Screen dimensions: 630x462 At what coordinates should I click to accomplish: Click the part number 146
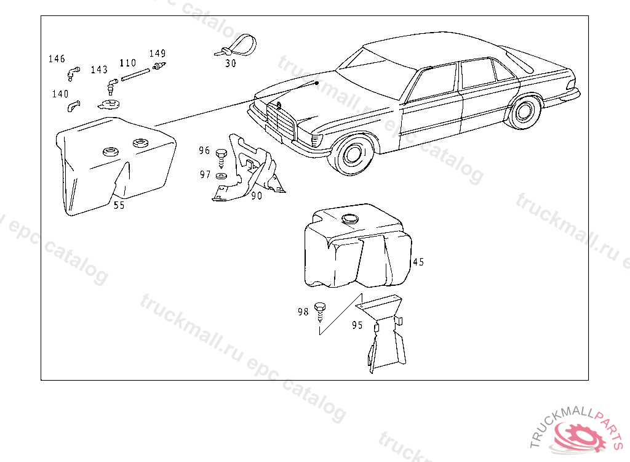57,59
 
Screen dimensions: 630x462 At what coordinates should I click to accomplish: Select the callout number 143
98,70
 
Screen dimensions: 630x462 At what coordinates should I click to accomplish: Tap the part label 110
127,63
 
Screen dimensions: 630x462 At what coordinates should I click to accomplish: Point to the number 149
157,54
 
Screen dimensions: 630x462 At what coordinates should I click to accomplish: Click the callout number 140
60,94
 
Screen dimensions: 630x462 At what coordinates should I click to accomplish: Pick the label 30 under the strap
230,63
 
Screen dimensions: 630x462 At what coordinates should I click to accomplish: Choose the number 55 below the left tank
119,206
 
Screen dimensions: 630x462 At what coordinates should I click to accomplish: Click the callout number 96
204,150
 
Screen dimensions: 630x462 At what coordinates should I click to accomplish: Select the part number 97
205,175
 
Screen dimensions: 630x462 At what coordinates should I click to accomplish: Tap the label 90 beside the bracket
257,196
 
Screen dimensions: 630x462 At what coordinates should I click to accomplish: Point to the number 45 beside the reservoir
418,262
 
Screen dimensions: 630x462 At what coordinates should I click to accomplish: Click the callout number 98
303,312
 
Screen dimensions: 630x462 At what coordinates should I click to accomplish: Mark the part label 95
357,325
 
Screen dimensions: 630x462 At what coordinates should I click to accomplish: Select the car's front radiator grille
281,124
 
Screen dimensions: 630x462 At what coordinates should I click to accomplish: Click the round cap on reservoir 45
350,218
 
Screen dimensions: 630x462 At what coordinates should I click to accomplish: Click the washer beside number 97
222,176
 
